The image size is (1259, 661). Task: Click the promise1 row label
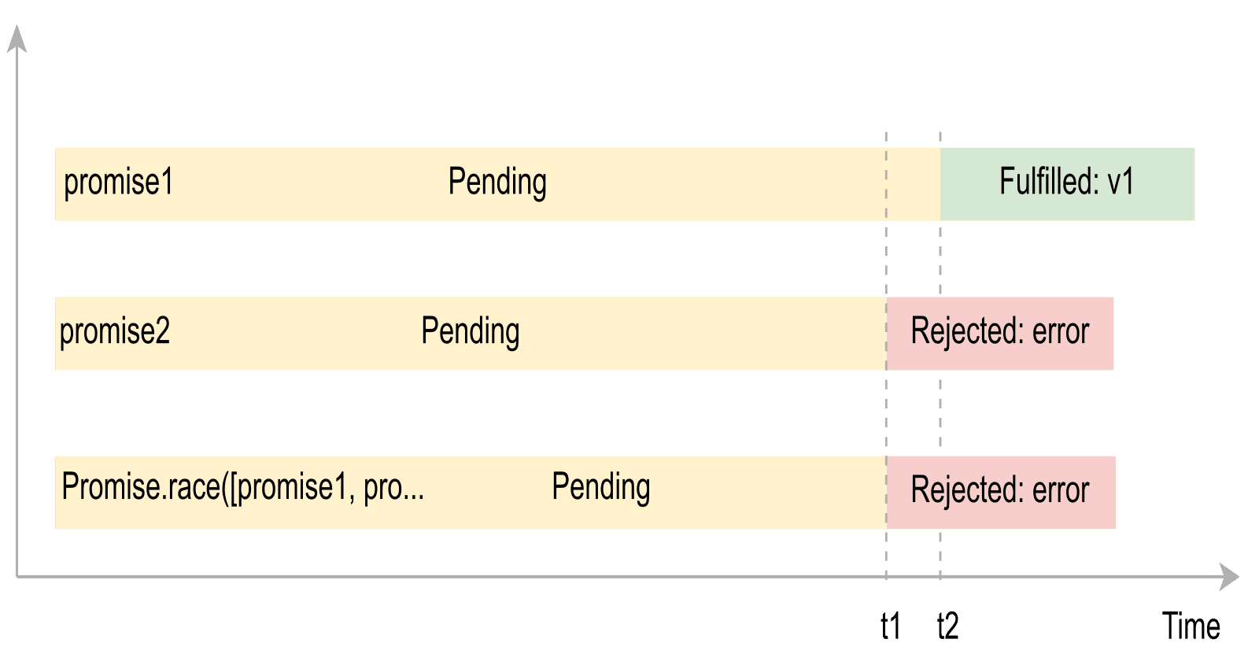click(x=118, y=183)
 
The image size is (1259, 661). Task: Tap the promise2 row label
click(x=115, y=331)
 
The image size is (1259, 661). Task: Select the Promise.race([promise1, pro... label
click(x=242, y=487)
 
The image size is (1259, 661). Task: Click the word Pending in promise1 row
click(x=497, y=183)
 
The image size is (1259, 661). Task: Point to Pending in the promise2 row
click(x=471, y=331)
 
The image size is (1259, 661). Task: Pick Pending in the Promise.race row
click(x=601, y=487)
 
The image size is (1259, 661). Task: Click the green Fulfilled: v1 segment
click(x=1067, y=183)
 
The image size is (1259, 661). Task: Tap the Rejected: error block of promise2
click(x=999, y=331)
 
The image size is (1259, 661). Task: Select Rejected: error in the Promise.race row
click(x=999, y=490)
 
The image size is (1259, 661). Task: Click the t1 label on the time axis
click(x=890, y=626)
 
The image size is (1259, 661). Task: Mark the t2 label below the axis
click(x=947, y=626)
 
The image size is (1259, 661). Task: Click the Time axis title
click(x=1191, y=626)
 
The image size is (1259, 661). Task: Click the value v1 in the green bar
click(x=1121, y=183)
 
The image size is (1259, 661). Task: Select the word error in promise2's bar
click(x=1061, y=332)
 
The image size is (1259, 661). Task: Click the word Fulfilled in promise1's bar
click(x=1047, y=183)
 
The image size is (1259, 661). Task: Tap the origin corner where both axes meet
click(x=17, y=577)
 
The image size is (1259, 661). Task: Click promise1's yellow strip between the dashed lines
click(x=914, y=183)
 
